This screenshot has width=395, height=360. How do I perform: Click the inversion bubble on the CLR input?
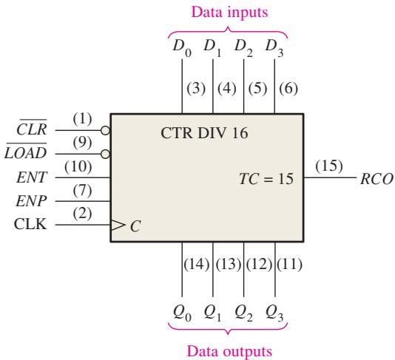[x=105, y=130]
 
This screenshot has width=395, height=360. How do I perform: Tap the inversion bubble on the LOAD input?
[x=105, y=154]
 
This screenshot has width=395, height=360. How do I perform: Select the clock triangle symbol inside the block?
[x=118, y=225]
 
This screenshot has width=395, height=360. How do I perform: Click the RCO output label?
[x=377, y=179]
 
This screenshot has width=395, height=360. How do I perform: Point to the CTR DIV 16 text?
[x=204, y=133]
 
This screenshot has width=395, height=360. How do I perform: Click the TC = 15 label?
[x=266, y=179]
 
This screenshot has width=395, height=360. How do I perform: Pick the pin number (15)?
[x=329, y=166]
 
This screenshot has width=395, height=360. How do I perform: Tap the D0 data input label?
[x=182, y=48]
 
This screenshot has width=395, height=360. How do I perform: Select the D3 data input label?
[x=274, y=48]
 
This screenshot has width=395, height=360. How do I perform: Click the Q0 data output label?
[x=182, y=313]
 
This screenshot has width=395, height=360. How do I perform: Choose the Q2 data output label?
[x=243, y=313]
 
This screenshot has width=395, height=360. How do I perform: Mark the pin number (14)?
[x=197, y=265]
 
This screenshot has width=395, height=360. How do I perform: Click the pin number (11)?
[x=289, y=265]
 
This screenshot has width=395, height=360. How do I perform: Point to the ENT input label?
[x=32, y=177]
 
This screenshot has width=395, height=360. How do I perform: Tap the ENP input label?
[x=31, y=201]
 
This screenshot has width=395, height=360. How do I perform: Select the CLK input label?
[x=30, y=224]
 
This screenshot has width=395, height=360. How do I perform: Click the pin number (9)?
[x=82, y=143]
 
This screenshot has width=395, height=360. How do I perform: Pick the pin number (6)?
[x=288, y=89]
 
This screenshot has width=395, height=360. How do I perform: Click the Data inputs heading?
[x=229, y=12]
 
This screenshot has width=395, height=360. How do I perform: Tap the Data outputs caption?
[x=229, y=351]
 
